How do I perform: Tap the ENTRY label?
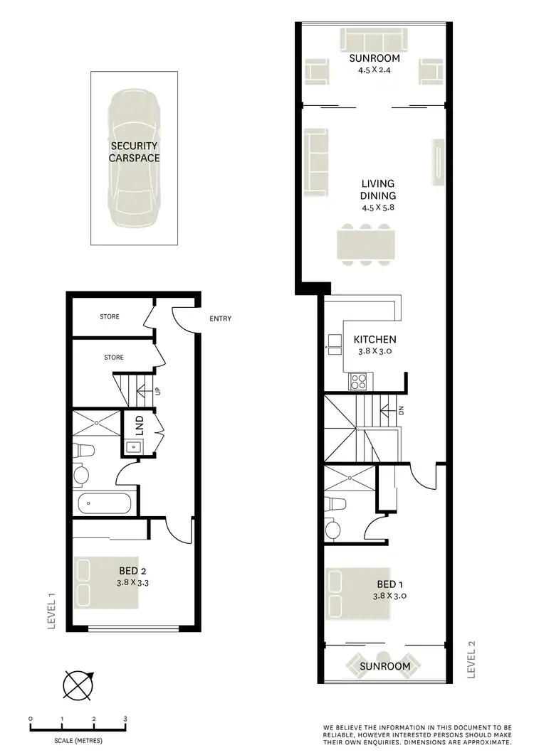point(221,319)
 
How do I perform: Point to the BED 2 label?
point(132,570)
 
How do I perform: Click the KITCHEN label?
point(375,340)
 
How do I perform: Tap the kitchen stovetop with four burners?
point(357,382)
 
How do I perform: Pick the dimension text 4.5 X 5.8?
point(377,208)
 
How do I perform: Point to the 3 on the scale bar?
point(125,719)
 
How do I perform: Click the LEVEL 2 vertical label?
point(472,660)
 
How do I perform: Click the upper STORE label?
point(110,316)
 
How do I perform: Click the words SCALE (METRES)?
point(78,741)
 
